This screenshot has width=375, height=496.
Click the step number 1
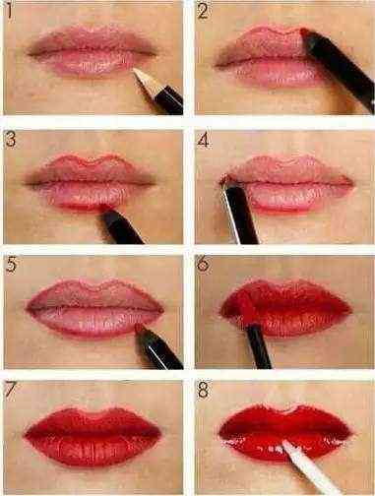[x=9, y=11]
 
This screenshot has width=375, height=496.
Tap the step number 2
[x=203, y=11]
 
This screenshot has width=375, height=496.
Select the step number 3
[x=11, y=139]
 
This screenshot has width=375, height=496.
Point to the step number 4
[x=203, y=140]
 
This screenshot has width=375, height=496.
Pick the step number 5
[x=11, y=265]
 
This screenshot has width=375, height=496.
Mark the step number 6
[x=203, y=265]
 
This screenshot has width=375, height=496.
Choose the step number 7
[x=11, y=390]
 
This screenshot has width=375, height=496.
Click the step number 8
[x=203, y=391]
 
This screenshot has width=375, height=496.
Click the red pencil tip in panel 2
[x=303, y=31]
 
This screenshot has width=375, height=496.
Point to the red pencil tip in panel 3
[x=104, y=208]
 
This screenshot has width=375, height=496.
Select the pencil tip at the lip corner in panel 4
[x=225, y=178]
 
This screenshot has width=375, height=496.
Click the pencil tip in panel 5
[x=139, y=327]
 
